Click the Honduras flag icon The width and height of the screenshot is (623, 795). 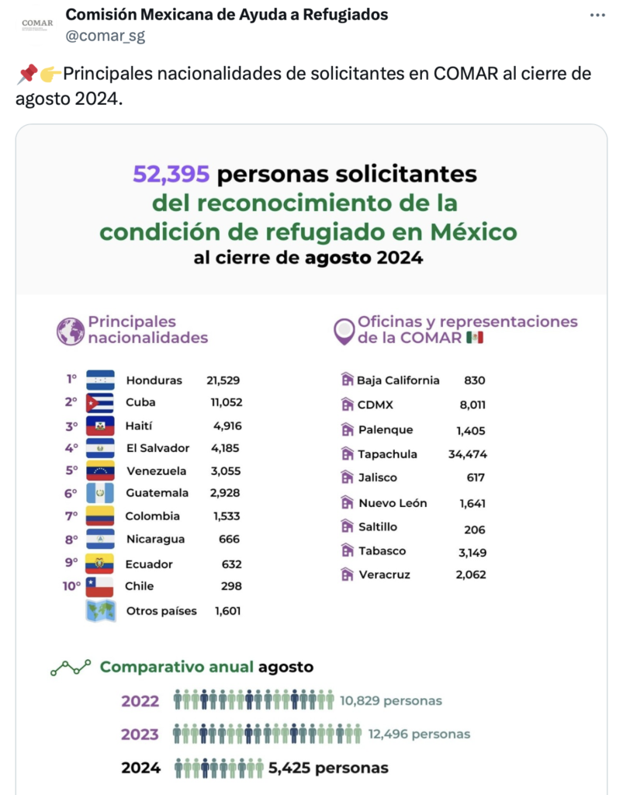point(101,380)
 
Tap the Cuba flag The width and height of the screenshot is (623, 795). point(101,402)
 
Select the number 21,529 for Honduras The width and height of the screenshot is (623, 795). point(223,380)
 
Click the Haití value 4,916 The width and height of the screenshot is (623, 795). point(227,425)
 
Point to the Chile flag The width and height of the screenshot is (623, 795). point(101,586)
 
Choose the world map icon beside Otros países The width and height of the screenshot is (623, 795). point(101,610)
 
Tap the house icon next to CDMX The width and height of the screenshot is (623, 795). point(347,404)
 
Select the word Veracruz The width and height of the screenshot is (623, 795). point(384,575)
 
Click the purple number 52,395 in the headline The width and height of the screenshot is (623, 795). point(171,174)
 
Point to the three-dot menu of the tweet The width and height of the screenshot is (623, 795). point(597,16)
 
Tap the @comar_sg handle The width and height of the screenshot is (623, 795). point(105,36)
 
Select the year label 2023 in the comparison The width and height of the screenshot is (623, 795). point(140,734)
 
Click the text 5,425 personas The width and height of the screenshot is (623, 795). point(328,769)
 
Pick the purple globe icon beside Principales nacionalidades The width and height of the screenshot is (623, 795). point(71,332)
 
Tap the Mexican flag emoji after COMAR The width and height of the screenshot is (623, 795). point(475,338)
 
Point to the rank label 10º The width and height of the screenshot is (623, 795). point(71,586)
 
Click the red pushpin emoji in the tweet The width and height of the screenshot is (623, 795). point(26,75)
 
